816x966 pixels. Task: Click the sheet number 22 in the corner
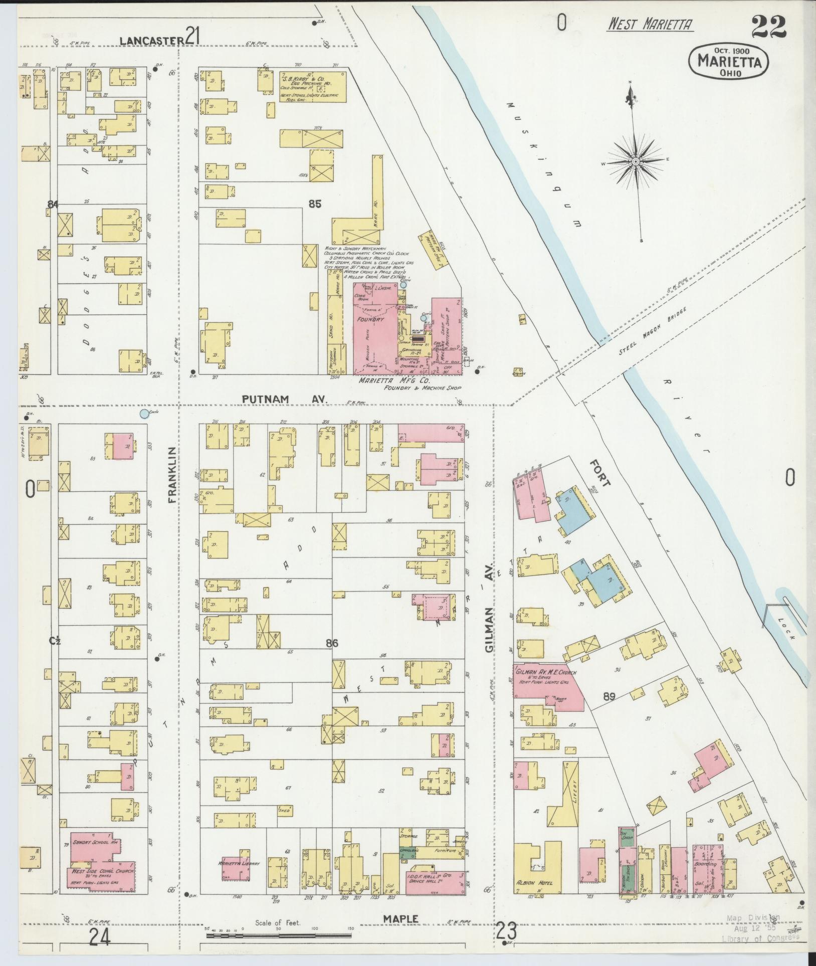pos(768,26)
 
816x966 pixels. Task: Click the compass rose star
pos(635,161)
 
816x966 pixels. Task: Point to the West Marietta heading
pos(650,24)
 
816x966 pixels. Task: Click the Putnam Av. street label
pos(284,399)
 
